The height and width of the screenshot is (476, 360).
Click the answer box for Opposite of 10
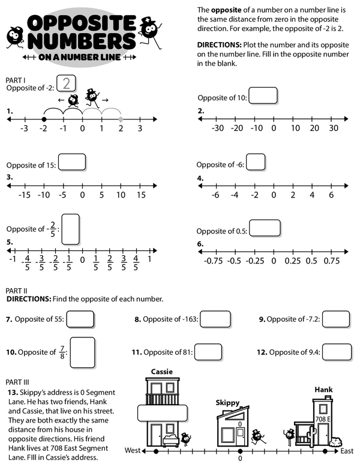tap(263, 96)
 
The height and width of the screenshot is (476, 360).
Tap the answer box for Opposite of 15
tap(71, 163)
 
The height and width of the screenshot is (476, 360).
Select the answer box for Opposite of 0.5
tap(265, 228)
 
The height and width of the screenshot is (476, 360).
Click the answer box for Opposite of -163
tap(215, 319)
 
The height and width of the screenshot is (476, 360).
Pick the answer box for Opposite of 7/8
tap(82, 352)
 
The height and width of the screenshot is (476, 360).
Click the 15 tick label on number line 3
tap(140, 194)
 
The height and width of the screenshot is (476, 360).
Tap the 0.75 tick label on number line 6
tap(331, 261)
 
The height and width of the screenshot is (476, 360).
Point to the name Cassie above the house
tap(161, 372)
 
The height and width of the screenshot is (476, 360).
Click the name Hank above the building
tap(323, 390)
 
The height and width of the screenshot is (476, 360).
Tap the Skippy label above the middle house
tap(227, 403)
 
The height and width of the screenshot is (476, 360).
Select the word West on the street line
tap(133, 450)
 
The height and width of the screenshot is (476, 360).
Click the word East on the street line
tap(346, 450)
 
